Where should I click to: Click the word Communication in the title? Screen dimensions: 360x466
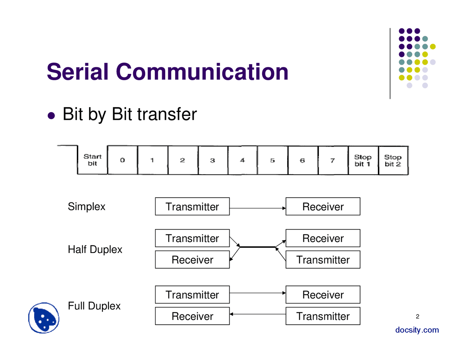202,72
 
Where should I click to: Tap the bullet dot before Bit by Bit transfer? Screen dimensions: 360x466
52,115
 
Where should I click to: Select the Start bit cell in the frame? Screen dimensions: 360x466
92,160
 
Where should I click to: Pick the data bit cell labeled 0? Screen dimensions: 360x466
123,160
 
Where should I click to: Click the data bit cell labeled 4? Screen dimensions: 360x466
242,160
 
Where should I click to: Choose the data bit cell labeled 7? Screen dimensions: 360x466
333,160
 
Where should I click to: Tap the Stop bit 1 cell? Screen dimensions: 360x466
363,161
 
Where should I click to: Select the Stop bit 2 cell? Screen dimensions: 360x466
393,161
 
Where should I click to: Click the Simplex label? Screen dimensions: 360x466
86,206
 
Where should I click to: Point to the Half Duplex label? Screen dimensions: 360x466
95,249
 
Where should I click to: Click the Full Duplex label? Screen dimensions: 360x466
94,306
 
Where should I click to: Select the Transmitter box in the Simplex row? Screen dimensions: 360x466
192,206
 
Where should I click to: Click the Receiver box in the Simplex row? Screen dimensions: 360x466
323,206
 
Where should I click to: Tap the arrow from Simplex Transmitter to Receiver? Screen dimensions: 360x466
257,208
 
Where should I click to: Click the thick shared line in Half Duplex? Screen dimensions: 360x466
257,247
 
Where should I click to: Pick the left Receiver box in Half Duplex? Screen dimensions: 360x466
192,260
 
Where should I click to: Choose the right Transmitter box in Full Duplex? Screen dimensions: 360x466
323,316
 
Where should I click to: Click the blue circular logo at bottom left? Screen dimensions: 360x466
44,318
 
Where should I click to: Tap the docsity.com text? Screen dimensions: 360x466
417,330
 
